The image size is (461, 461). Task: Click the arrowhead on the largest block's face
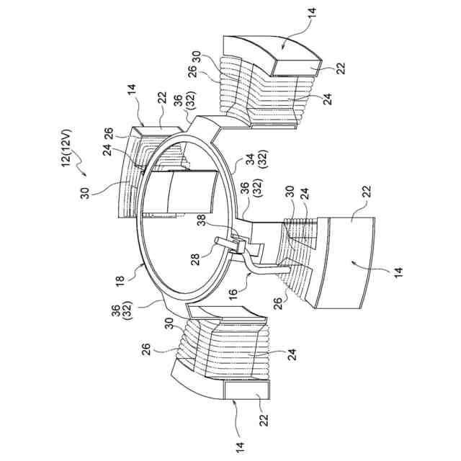click(x=351, y=264)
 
